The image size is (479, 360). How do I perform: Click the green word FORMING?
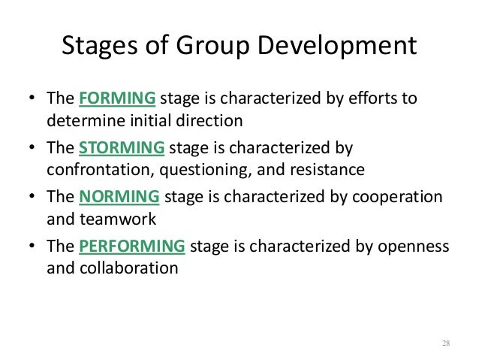tap(117, 99)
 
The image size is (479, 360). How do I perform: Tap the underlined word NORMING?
tap(119, 197)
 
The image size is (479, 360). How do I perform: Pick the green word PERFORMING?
tap(132, 247)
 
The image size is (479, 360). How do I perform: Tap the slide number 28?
tap(445, 343)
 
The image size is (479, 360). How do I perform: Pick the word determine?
tap(79, 120)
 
